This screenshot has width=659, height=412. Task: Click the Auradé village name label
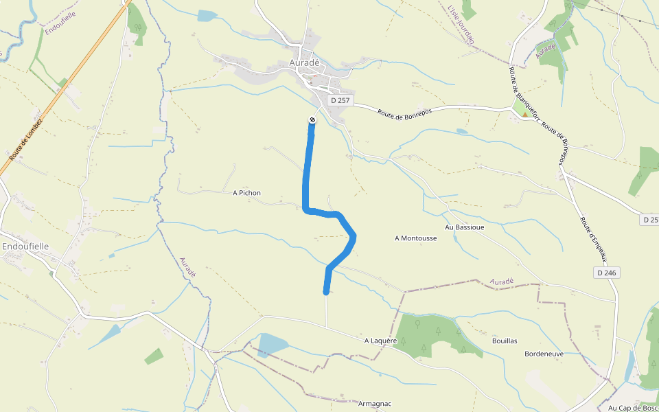(305, 62)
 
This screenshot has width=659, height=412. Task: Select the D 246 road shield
(606, 273)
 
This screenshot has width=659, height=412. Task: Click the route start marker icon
(312, 121)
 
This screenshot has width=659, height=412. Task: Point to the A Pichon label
(246, 193)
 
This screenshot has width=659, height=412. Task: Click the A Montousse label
(415, 238)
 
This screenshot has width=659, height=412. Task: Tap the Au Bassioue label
(464, 227)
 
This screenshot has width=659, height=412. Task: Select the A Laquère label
(382, 341)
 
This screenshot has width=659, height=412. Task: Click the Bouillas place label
(505, 341)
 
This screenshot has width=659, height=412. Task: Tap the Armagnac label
(375, 404)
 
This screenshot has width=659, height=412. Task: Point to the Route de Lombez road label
(26, 140)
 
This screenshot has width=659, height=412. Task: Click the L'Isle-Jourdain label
(461, 25)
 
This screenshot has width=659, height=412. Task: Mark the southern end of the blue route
(326, 292)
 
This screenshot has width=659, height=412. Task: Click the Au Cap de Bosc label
(632, 407)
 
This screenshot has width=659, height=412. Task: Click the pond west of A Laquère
(273, 343)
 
